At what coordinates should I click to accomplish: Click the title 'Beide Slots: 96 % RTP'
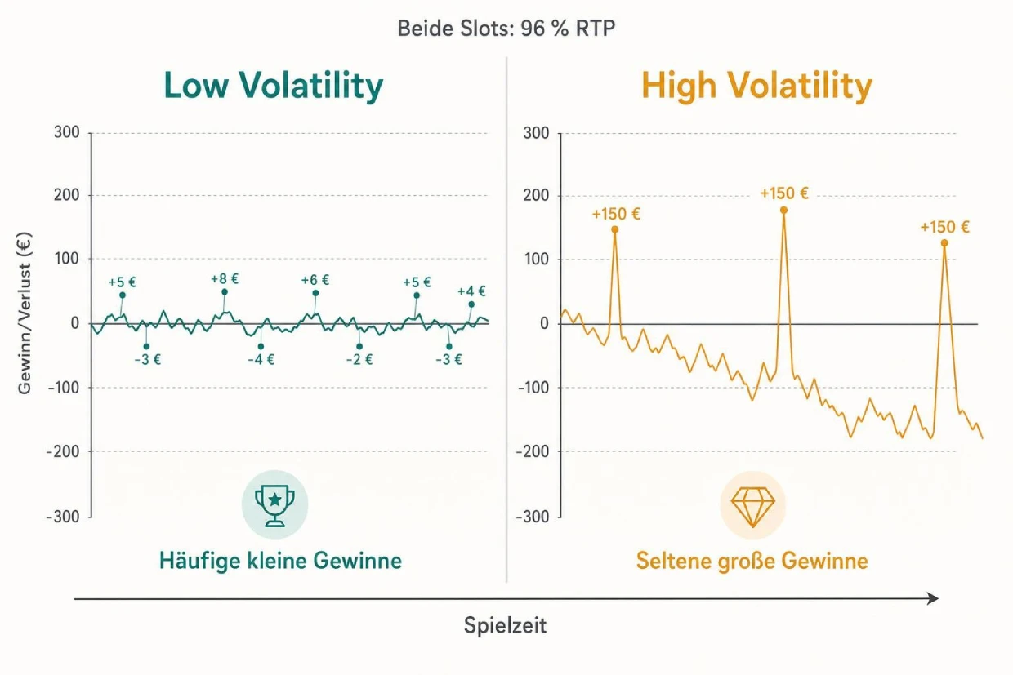[506, 29]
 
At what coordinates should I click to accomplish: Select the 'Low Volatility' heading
[273, 86]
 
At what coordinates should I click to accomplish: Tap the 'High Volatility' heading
[756, 86]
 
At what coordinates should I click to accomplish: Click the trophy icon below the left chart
[274, 504]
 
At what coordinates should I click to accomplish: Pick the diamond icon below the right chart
[752, 504]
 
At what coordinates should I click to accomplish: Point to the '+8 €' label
[224, 278]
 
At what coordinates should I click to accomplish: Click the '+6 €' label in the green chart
[315, 280]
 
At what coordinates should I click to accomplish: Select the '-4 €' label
[261, 359]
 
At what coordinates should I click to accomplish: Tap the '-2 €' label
[359, 359]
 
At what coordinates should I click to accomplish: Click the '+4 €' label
[471, 291]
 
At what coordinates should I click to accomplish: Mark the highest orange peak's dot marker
[783, 210]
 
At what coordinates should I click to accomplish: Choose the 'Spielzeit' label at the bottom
[506, 626]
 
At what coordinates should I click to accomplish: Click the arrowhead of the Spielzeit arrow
[934, 599]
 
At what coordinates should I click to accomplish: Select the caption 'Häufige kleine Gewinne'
[280, 561]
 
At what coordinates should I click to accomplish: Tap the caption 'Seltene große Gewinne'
[752, 561]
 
